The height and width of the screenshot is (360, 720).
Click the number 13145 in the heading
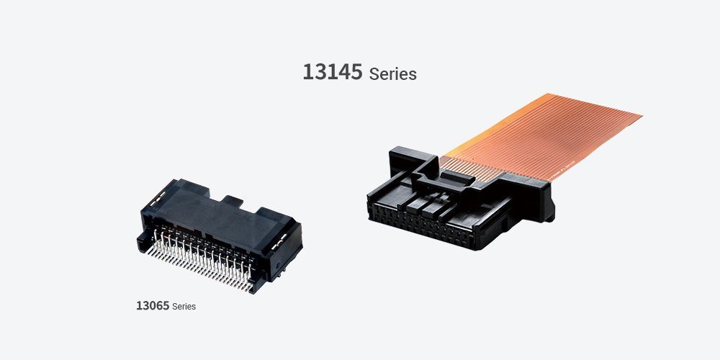point(333,71)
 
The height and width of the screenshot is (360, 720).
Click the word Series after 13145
point(392,74)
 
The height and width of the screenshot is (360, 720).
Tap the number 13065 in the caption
point(153,306)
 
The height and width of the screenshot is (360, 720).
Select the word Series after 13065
point(184,307)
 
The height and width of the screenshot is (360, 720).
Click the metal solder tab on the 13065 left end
point(157,199)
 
